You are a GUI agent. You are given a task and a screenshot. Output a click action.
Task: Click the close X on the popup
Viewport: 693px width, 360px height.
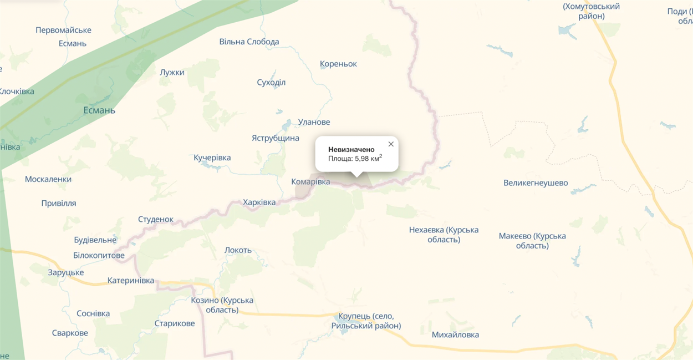click(x=391, y=144)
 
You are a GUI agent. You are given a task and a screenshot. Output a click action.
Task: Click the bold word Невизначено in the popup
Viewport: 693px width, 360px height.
click(x=351, y=149)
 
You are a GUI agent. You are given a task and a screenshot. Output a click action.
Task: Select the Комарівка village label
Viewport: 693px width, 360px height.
click(x=310, y=182)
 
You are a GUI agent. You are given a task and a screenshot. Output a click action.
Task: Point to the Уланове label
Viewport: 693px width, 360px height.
click(x=314, y=122)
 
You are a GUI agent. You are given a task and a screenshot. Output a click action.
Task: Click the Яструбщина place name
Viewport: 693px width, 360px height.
click(x=276, y=138)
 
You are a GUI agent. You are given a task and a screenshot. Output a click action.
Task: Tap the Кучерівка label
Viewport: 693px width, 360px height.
click(x=212, y=158)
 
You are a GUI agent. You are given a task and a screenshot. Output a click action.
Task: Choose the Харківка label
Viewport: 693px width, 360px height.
click(x=259, y=202)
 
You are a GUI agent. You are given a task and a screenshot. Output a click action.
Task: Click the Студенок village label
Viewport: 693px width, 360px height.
click(x=156, y=220)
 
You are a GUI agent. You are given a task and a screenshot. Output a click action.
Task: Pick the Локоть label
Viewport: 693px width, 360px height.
click(x=238, y=250)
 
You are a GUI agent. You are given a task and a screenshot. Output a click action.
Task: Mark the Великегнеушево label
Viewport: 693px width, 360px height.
click(x=536, y=183)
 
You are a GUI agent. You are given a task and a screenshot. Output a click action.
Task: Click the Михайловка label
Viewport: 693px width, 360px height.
click(x=455, y=335)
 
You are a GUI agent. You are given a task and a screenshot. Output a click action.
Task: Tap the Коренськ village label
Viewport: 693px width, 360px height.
click(x=338, y=64)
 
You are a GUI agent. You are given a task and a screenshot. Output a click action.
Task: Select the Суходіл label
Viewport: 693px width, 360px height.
click(x=271, y=83)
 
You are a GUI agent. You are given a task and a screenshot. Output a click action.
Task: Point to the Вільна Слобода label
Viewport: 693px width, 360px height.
click(x=249, y=42)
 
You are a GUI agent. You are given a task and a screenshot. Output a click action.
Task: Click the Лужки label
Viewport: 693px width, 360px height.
click(x=172, y=73)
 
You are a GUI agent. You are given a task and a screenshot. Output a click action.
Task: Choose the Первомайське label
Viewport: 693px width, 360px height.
click(x=63, y=31)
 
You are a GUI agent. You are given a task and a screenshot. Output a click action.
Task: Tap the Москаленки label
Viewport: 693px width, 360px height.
click(x=48, y=180)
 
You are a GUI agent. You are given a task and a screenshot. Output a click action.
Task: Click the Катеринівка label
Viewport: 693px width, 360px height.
click(x=131, y=281)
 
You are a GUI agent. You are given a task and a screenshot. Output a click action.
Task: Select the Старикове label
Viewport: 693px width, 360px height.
click(x=175, y=323)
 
